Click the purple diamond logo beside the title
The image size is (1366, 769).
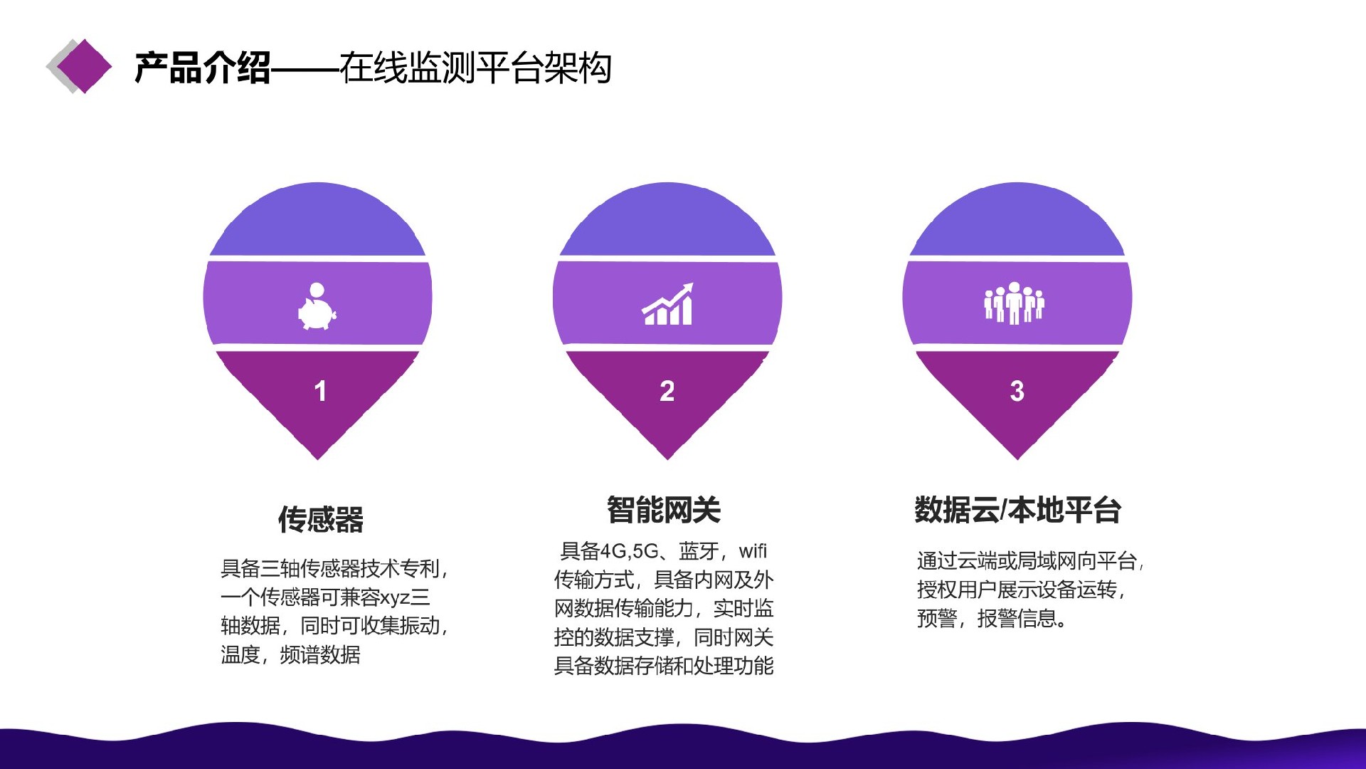84,66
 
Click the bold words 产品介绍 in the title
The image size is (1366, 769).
203,68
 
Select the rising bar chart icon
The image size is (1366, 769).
667,304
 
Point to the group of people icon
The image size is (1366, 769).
1015,303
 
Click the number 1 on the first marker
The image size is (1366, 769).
320,391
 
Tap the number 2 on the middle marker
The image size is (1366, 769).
667,391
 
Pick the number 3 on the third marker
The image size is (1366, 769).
1017,391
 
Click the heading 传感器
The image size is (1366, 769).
321,519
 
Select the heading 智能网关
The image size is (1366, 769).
664,510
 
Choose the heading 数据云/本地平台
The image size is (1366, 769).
1017,510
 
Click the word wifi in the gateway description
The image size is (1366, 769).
753,550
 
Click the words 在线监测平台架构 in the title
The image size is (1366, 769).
475,68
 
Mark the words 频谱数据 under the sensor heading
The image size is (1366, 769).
320,654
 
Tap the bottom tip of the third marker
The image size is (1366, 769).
1017,459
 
